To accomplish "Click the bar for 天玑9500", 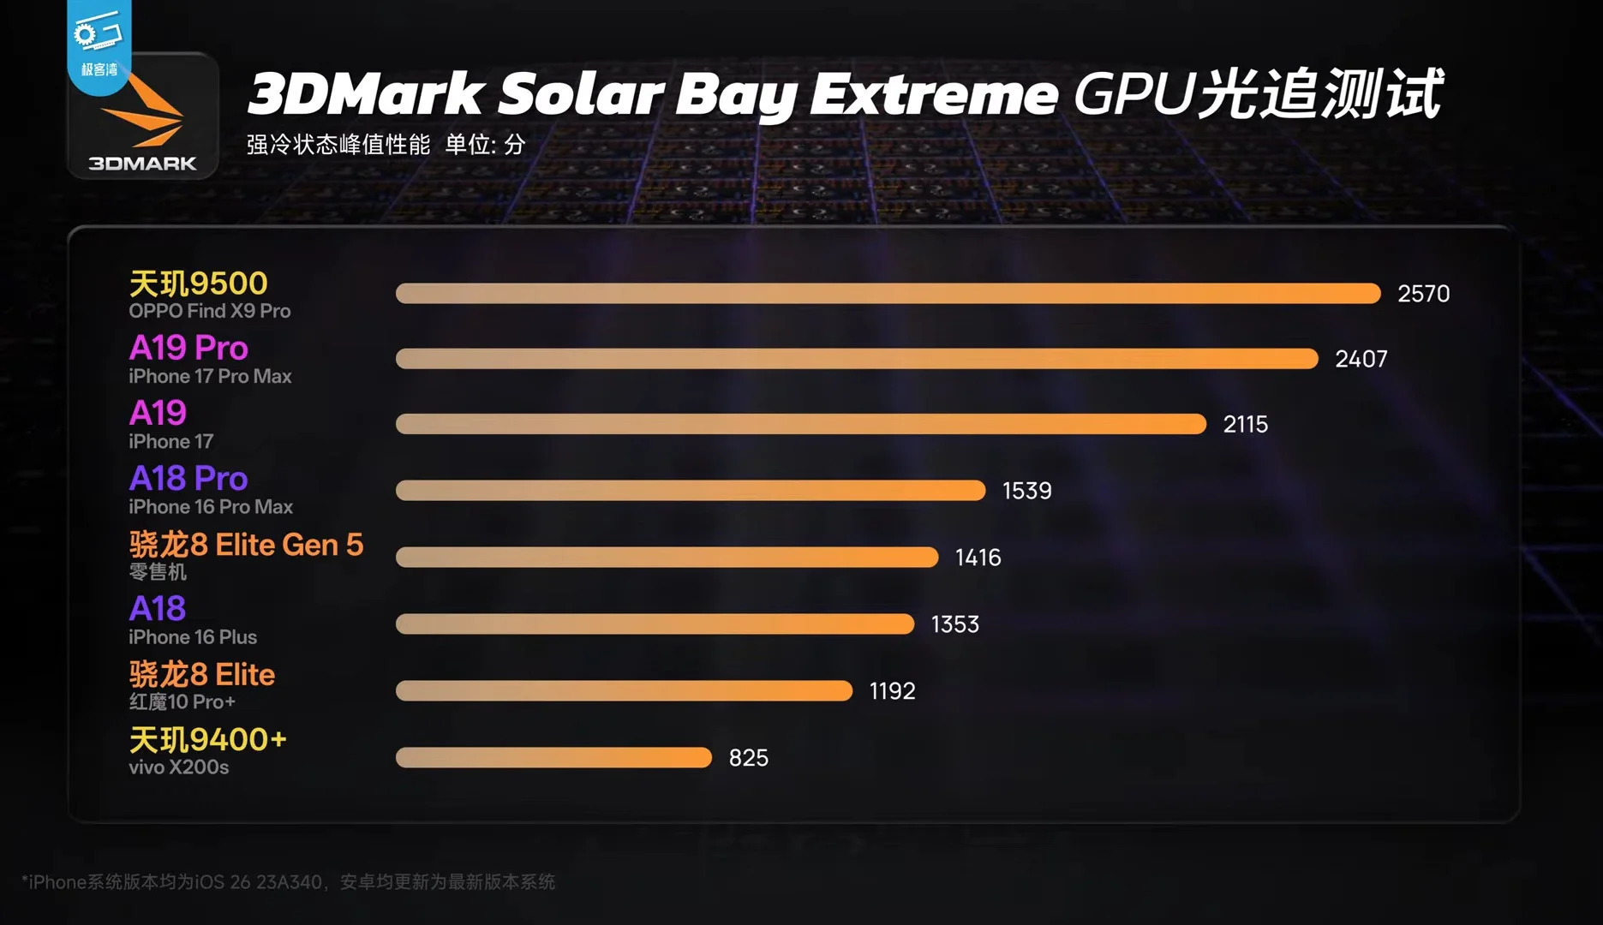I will (888, 294).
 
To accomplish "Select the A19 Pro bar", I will (857, 359).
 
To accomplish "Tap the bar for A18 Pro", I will (691, 490).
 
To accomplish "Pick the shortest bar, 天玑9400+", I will (553, 757).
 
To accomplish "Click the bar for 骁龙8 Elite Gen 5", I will (667, 557).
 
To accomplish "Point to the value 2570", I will (1423, 294).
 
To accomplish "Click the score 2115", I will (1245, 424).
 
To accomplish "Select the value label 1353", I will (954, 624).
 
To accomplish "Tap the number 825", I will (748, 758).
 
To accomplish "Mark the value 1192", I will (892, 691).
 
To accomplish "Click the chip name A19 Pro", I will (188, 348).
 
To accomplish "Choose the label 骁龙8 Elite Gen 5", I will (246, 545).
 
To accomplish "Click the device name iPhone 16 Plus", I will (193, 637).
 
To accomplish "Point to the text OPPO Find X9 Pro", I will (210, 311).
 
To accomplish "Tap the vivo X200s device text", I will (179, 767).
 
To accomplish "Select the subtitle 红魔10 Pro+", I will (182, 702).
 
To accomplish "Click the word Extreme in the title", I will (934, 94).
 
